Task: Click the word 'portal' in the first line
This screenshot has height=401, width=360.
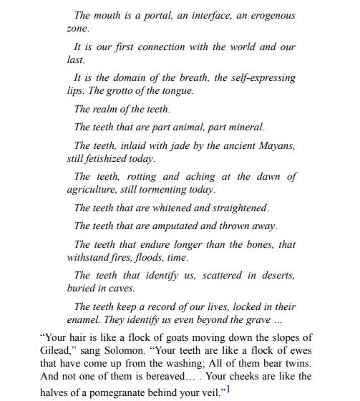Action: click(157, 15)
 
